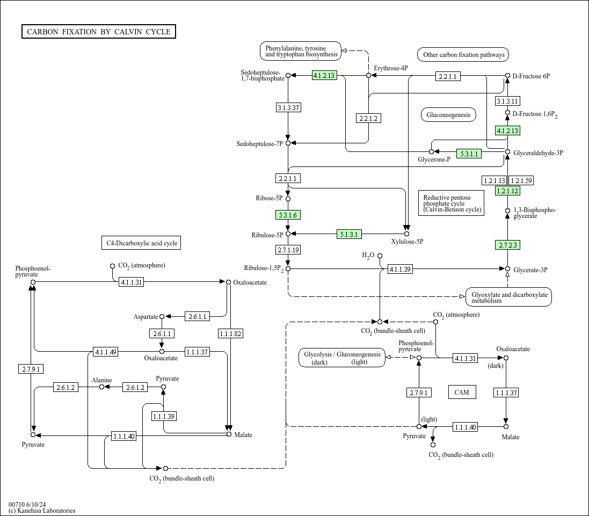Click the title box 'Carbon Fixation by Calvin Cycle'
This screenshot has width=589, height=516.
(x=98, y=32)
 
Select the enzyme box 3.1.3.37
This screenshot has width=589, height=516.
(x=288, y=107)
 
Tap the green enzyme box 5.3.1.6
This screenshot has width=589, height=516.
(x=288, y=215)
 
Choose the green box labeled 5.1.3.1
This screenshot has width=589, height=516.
(x=349, y=234)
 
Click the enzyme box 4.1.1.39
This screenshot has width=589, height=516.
(x=400, y=269)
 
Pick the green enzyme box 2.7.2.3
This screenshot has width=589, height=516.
(x=508, y=245)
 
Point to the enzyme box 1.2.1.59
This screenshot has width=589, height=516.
(x=521, y=180)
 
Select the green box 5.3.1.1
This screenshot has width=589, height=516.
(x=469, y=154)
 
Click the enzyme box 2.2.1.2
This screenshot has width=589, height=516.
(x=368, y=118)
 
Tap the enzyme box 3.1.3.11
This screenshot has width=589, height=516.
(x=507, y=101)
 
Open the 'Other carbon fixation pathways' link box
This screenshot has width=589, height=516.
(x=463, y=54)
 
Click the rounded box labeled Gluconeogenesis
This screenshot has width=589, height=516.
(x=448, y=115)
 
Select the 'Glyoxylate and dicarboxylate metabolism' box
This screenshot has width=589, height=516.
(x=509, y=297)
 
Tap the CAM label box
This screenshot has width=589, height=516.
(x=462, y=392)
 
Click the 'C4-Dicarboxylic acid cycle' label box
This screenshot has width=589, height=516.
(x=141, y=243)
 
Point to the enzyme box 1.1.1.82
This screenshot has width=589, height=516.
(x=231, y=333)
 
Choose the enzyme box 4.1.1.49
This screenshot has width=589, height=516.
(x=106, y=352)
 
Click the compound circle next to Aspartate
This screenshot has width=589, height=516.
(x=162, y=317)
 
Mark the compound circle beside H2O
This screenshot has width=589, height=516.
(x=380, y=256)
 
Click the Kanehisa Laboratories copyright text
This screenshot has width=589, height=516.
(x=42, y=511)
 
